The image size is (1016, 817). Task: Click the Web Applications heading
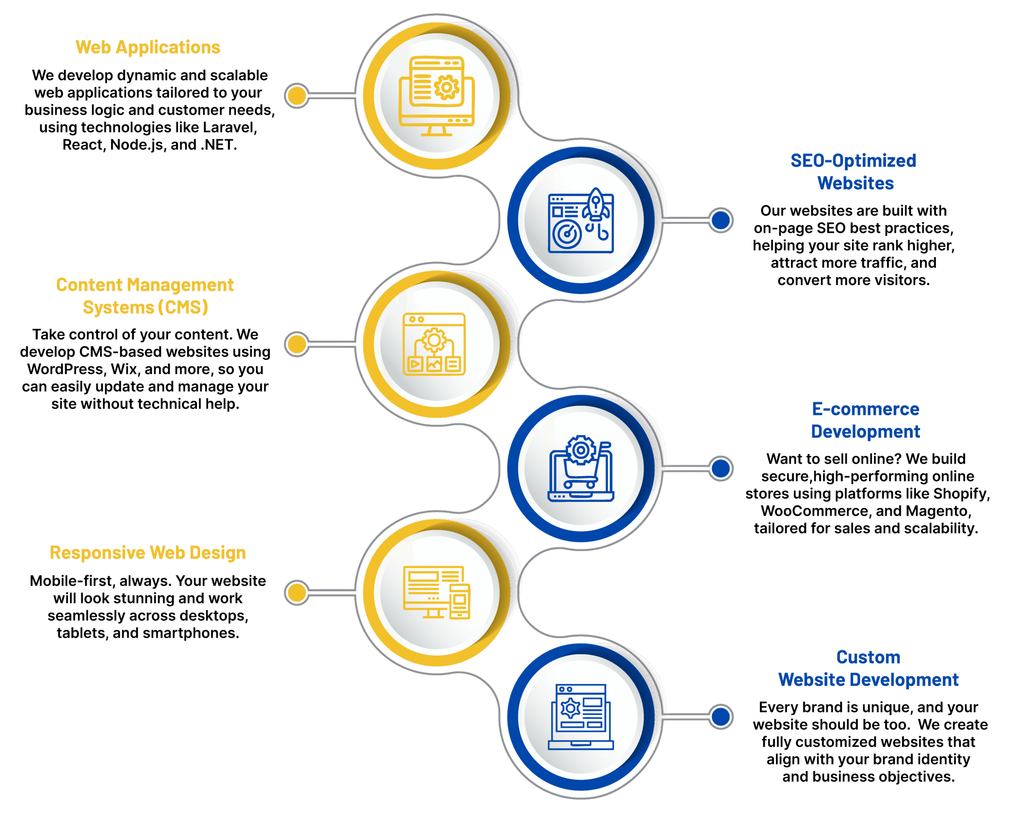click(x=148, y=48)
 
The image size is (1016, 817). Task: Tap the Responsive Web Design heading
click(x=148, y=553)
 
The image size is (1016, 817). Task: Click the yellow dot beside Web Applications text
click(x=297, y=96)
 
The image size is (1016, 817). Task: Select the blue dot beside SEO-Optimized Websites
click(x=721, y=220)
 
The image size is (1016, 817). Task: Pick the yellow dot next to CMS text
click(x=297, y=344)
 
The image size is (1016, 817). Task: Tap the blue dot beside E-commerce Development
click(x=721, y=468)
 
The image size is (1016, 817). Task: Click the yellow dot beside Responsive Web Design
click(x=297, y=593)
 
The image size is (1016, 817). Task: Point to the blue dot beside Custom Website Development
click(x=721, y=717)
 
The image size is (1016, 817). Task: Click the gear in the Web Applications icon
click(x=446, y=87)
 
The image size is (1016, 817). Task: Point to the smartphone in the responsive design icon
click(x=460, y=601)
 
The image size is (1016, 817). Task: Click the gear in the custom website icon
click(x=570, y=708)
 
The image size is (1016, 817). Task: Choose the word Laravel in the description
click(x=229, y=127)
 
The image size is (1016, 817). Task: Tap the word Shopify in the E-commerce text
click(x=961, y=493)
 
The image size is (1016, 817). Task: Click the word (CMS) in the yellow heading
click(x=183, y=307)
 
